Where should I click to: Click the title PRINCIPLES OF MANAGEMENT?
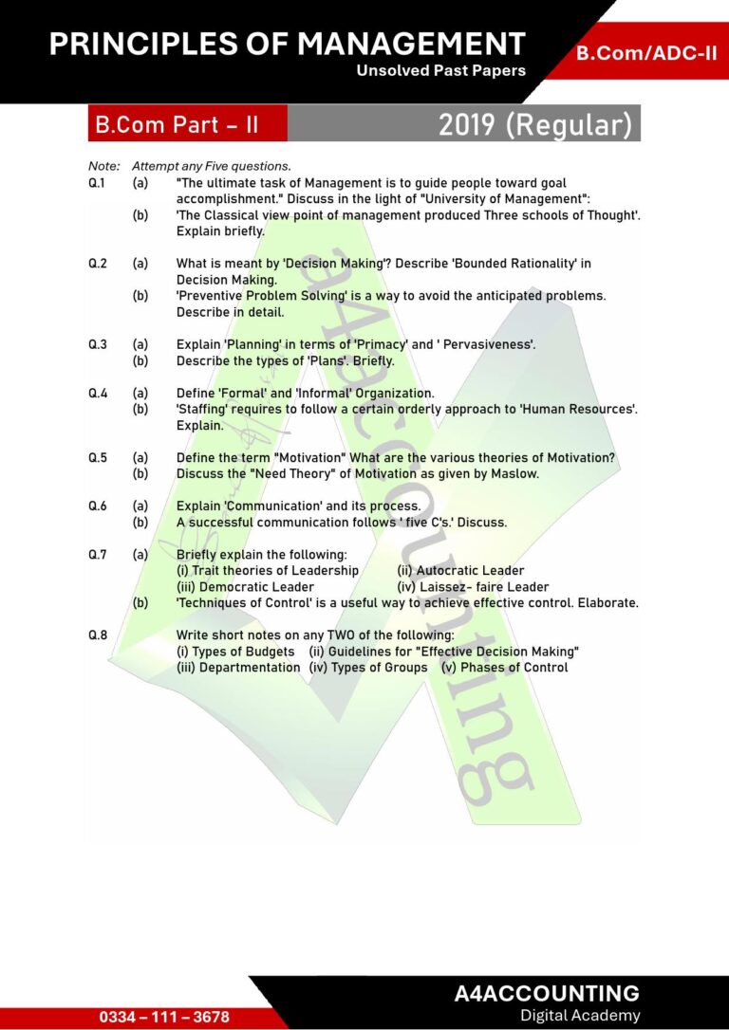(287, 44)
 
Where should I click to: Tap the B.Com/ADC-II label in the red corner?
(646, 53)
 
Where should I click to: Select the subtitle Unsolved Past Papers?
(440, 70)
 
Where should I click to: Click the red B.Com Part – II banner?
(177, 124)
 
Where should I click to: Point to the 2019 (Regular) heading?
(534, 124)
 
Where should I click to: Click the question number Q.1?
(97, 183)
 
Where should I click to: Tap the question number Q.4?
(97, 393)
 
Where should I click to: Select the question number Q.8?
(97, 635)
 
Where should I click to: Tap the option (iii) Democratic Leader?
(245, 586)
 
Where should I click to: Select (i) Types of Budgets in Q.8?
(238, 652)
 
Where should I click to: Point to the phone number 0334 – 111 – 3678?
(164, 1016)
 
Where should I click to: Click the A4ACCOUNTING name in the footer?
(547, 993)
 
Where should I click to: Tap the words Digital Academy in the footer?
(580, 1016)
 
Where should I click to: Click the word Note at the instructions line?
(103, 166)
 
